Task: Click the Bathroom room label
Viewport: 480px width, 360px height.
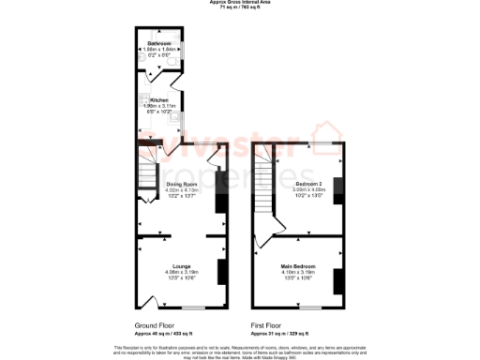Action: (x=158, y=44)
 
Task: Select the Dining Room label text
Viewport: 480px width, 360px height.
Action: (x=182, y=184)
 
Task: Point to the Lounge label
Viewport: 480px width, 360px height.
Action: (x=182, y=266)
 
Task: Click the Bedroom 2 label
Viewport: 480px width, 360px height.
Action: (x=309, y=183)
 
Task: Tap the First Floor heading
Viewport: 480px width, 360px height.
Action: (x=268, y=325)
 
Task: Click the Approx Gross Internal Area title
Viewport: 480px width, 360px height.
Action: (x=240, y=3)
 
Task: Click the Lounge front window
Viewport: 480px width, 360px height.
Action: (x=194, y=307)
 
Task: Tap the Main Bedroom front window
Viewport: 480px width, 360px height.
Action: (x=309, y=307)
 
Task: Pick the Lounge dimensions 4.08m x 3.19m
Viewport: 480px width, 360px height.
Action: (x=182, y=273)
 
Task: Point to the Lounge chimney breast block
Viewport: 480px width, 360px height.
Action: (x=222, y=272)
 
